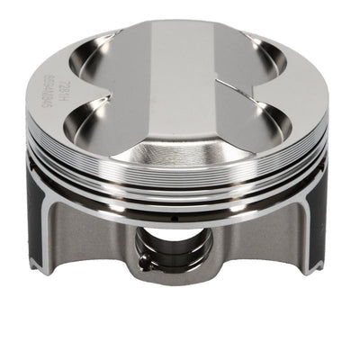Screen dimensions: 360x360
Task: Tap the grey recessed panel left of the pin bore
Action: pos(99,243)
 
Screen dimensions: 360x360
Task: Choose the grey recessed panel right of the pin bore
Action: pos(261,243)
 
